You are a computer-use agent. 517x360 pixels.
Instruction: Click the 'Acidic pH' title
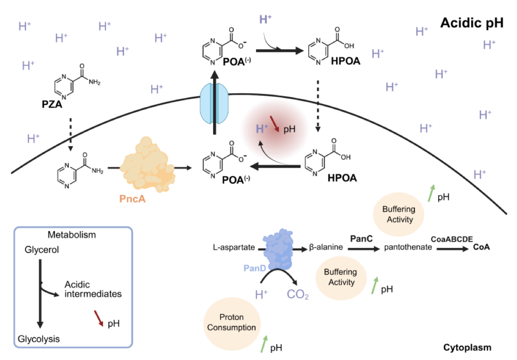coord(472,23)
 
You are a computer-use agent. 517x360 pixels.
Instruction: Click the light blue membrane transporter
coord(215,110)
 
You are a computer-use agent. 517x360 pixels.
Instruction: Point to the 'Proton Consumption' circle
coord(232,324)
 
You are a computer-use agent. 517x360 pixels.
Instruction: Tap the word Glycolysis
coord(39,339)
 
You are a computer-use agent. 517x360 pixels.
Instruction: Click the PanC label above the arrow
coord(362,238)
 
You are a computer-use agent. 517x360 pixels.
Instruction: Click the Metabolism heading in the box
coord(72,235)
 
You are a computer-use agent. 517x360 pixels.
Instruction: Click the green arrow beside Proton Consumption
coord(264,343)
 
